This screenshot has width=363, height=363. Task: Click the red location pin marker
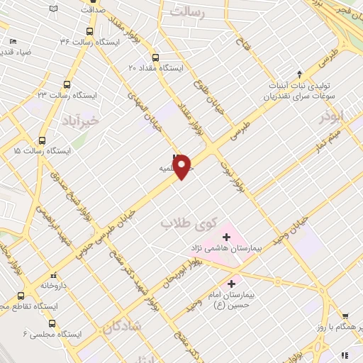pyautogui.click(x=182, y=167)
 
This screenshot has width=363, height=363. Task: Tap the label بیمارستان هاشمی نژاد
pyautogui.click(x=225, y=249)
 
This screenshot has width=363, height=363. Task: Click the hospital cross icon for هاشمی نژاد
pyautogui.click(x=226, y=237)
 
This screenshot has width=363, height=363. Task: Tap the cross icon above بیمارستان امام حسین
pyautogui.click(x=232, y=284)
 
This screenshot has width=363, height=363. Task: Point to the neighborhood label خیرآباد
pyautogui.click(x=81, y=121)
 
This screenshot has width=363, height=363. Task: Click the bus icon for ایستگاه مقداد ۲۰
pyautogui.click(x=155, y=57)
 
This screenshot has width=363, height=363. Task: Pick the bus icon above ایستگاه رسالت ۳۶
pyautogui.click(x=89, y=31)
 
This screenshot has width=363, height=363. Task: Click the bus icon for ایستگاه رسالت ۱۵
pyautogui.click(x=43, y=140)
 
